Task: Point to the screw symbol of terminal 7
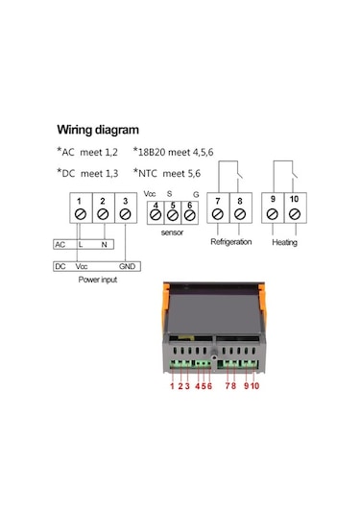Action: coord(218,214)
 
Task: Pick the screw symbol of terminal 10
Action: coord(294,214)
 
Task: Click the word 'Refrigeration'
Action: coord(230,242)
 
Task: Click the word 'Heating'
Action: coord(285,243)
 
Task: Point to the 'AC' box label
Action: coord(60,245)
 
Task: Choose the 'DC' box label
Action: coord(60,265)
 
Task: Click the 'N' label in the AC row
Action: coord(103,245)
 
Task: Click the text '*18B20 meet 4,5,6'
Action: coord(178,151)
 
